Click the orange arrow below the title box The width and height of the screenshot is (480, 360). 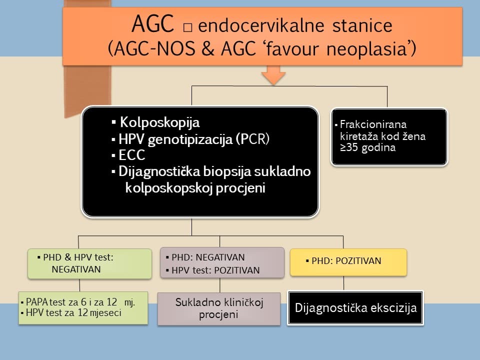point(273,75)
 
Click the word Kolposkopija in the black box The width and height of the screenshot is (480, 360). point(159,122)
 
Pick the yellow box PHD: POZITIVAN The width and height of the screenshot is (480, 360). point(348,261)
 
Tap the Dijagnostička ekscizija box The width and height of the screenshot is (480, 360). point(355,307)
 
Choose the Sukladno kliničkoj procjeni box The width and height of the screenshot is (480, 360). point(219,308)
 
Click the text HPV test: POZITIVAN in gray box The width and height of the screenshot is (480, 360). point(215,270)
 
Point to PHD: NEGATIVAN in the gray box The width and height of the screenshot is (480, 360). point(208,257)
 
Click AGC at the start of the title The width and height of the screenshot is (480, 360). point(152,23)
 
